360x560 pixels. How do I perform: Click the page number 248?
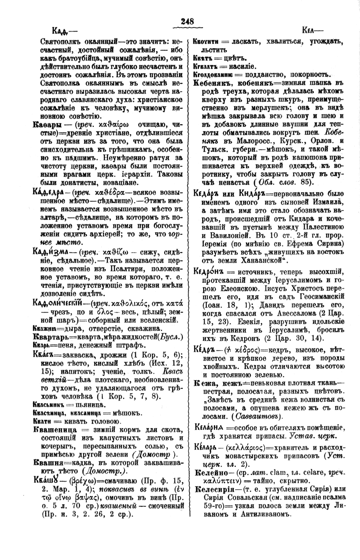(x=188, y=22)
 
